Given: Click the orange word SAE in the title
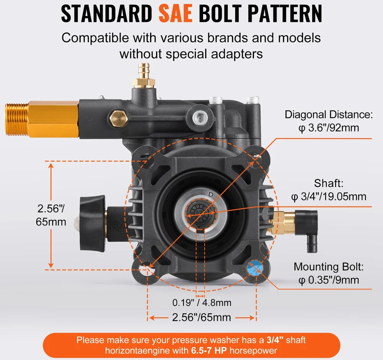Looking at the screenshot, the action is (175, 13).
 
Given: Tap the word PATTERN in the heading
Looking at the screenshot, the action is (285, 13).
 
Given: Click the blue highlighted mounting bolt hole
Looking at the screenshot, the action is (255, 268).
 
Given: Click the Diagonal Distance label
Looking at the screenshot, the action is (329, 115).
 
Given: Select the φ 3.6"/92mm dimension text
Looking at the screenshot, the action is (329, 128).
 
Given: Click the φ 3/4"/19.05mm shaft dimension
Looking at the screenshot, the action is (329, 197).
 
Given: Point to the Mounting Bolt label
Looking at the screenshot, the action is (329, 267).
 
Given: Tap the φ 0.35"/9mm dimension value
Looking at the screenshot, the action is (329, 280).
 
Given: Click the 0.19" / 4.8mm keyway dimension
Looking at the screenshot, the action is (202, 303).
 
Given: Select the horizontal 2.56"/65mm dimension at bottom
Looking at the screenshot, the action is (201, 317).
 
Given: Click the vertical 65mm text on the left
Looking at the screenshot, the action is (51, 222).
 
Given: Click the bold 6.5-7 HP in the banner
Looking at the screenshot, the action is (209, 350).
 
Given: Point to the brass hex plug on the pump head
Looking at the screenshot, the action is (119, 118).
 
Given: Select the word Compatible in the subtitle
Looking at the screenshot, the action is (95, 38).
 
